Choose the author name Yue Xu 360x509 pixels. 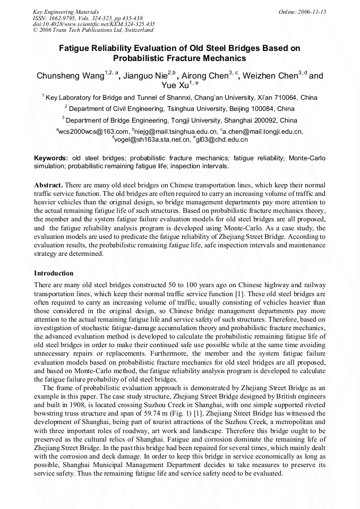click(174, 86)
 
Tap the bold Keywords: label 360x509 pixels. click(51, 158)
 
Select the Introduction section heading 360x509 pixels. click(54, 273)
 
